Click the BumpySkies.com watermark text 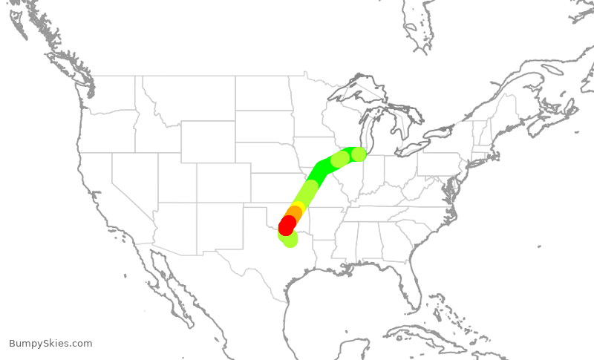50,344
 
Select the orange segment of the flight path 294,214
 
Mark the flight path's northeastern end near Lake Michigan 359,154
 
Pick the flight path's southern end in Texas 290,239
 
